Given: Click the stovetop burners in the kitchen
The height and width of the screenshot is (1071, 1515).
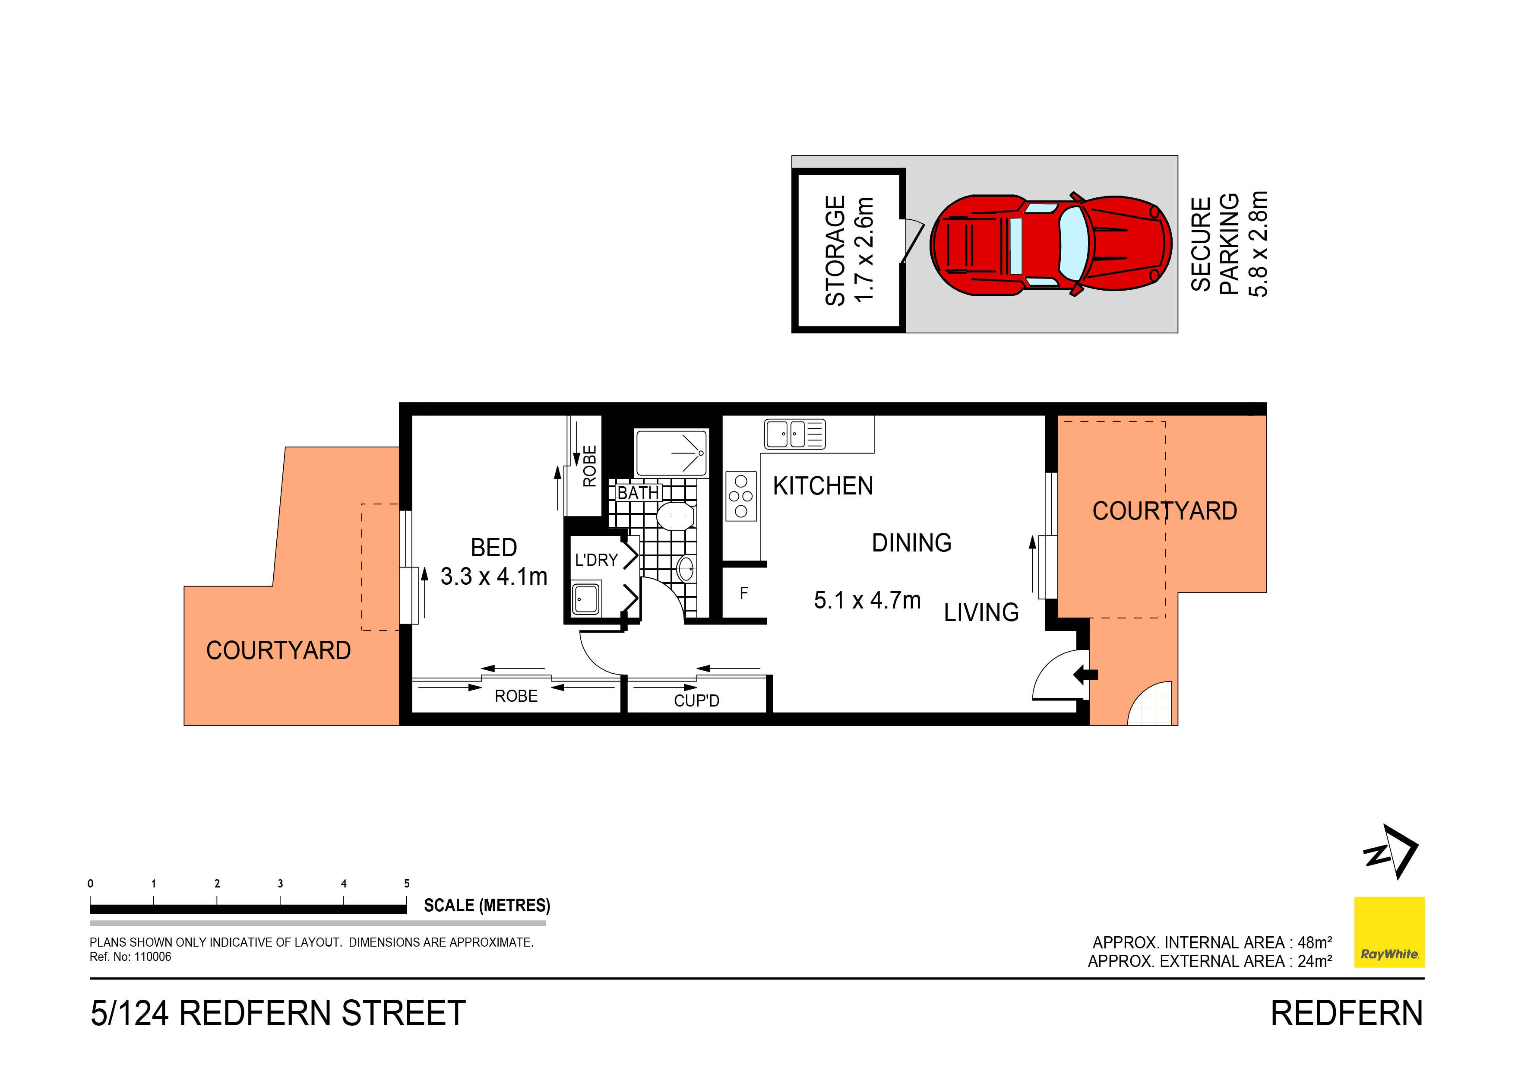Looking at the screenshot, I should click(740, 496).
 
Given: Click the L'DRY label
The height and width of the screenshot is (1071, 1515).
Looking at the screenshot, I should click(596, 560).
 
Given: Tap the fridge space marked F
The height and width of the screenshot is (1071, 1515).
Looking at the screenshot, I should click(743, 593).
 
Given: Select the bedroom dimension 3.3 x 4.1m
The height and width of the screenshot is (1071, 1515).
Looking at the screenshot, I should click(493, 577).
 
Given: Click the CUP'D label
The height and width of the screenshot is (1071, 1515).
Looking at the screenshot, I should click(696, 701).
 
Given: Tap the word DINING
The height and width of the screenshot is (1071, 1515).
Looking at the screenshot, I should click(911, 543).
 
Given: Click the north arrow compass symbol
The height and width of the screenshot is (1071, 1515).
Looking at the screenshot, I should click(1391, 852).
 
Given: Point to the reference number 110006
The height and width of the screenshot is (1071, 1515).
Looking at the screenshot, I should click(152, 957).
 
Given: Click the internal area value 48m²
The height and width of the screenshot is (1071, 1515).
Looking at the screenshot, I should click(1314, 942).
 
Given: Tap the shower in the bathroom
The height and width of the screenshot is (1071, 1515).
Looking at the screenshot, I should click(671, 453).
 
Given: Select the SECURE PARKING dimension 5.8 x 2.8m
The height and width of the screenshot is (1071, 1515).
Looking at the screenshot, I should click(1258, 244).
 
